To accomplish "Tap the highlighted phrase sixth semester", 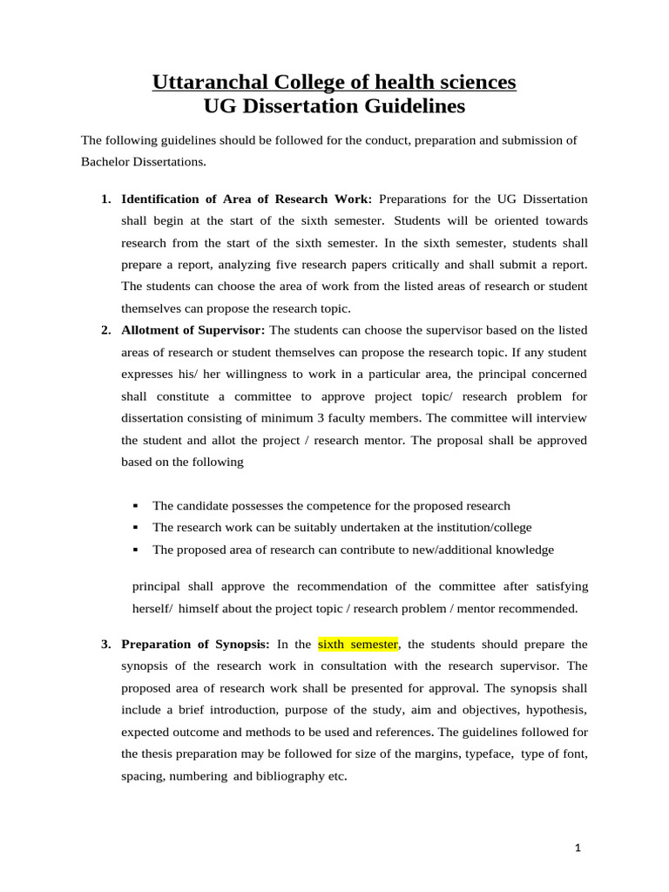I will (x=358, y=645).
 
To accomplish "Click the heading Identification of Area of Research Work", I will (x=247, y=199).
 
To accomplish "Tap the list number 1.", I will (x=105, y=199).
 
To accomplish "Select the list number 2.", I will (x=105, y=330).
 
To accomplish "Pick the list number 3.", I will (x=105, y=645).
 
